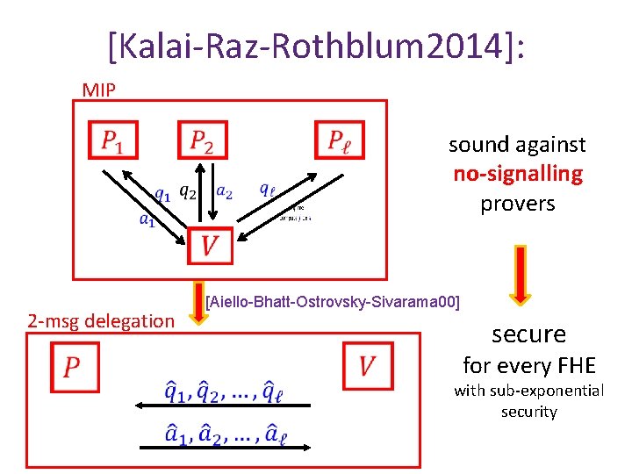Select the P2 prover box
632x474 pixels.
coord(202,140)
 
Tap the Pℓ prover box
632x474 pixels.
coord(339,140)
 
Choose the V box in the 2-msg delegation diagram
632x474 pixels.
coord(367,363)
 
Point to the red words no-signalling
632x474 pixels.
coord(517,174)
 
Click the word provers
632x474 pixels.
coord(517,204)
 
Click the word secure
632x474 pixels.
coord(528,334)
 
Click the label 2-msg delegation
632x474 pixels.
coord(101,321)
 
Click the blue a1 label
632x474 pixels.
coord(147,220)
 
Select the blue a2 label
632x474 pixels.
coord(224,192)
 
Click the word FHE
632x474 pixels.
coord(577,364)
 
